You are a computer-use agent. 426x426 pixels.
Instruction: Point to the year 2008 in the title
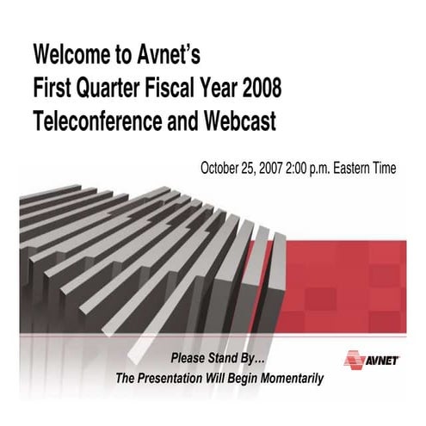click(x=259, y=90)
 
